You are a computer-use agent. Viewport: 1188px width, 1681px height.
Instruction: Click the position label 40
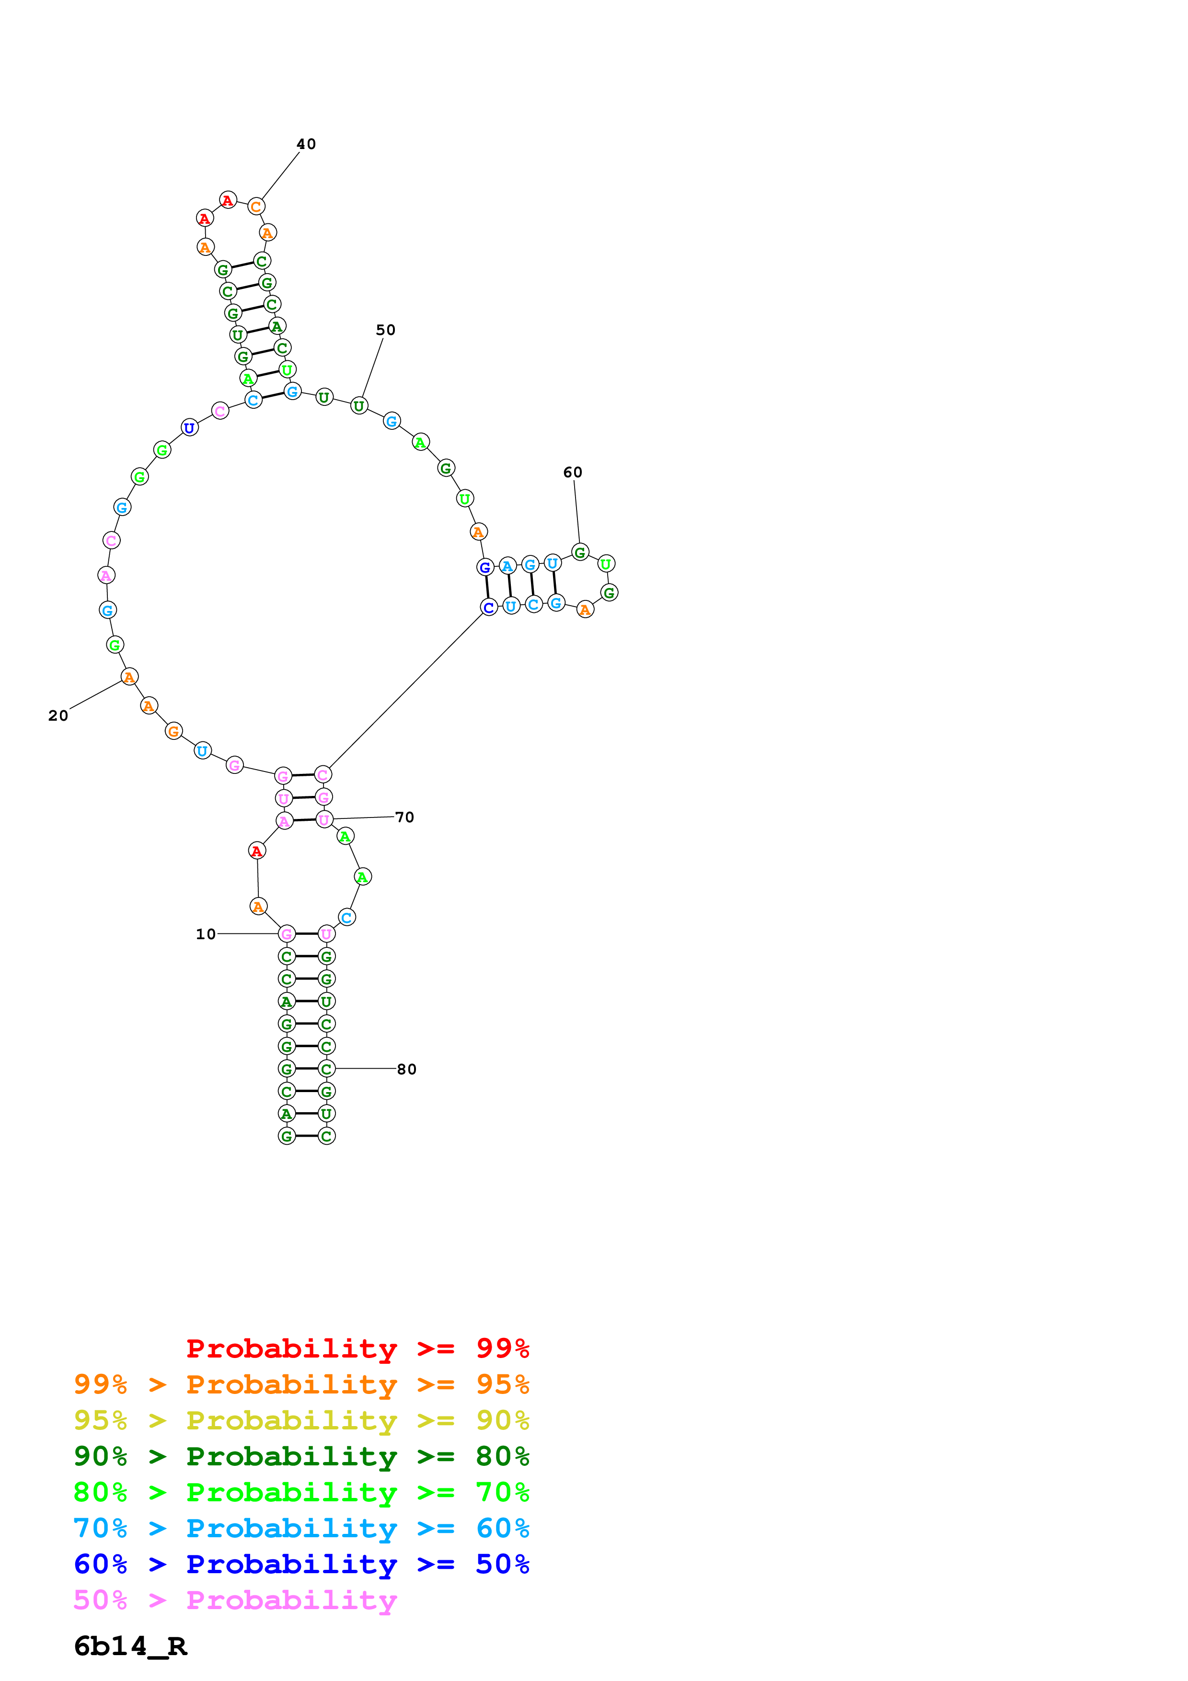pos(306,144)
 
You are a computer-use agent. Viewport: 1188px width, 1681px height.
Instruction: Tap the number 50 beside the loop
pos(386,330)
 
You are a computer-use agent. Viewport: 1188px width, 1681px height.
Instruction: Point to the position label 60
pos(572,472)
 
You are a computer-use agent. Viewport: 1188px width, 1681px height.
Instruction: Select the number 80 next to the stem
pos(407,1069)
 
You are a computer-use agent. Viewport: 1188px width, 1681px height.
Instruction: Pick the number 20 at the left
pos(58,715)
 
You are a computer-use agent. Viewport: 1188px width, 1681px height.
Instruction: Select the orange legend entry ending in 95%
pos(301,1384)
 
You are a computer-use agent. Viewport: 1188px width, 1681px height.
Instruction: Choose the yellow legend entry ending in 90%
pos(301,1420)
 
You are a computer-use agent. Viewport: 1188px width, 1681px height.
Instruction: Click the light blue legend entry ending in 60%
pos(301,1528)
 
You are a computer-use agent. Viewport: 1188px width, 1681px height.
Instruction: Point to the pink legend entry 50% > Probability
pos(235,1600)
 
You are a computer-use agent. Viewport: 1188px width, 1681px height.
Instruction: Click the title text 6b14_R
pos(130,1646)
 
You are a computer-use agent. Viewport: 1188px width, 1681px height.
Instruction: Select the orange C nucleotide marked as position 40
pos(255,207)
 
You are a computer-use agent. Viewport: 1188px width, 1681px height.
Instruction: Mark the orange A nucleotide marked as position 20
pos(129,677)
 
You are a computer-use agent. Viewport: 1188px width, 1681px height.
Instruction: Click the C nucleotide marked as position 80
pos(326,1069)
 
